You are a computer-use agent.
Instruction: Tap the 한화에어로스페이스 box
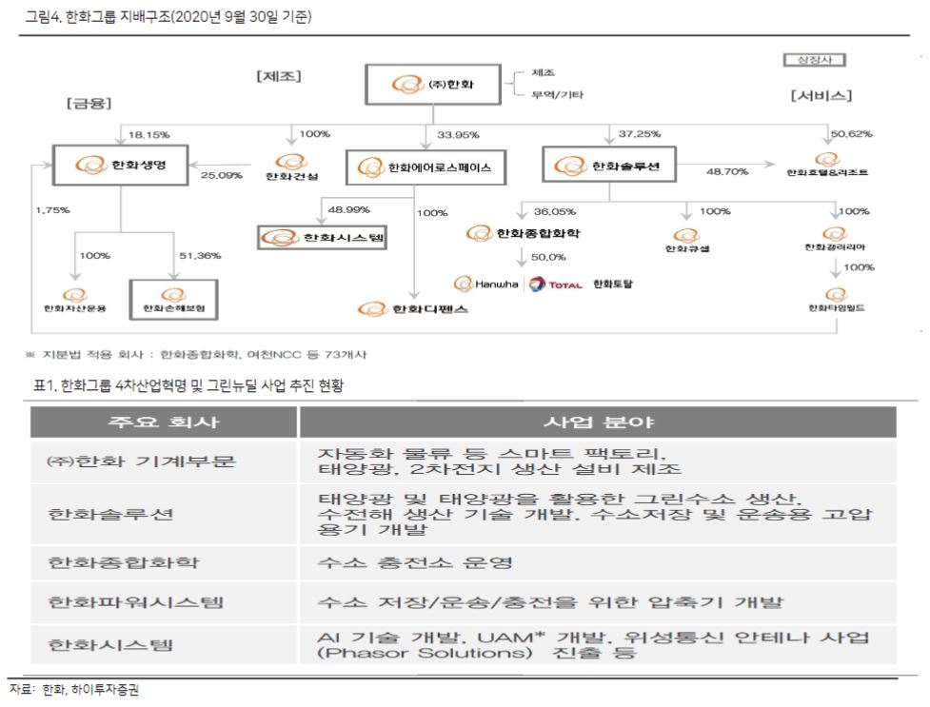[425, 167]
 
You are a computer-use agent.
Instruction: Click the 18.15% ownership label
[148, 136]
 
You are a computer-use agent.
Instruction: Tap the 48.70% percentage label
[725, 171]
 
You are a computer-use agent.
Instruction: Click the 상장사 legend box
[814, 60]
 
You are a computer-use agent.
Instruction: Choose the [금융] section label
[86, 103]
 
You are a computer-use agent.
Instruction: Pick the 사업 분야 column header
[596, 422]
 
